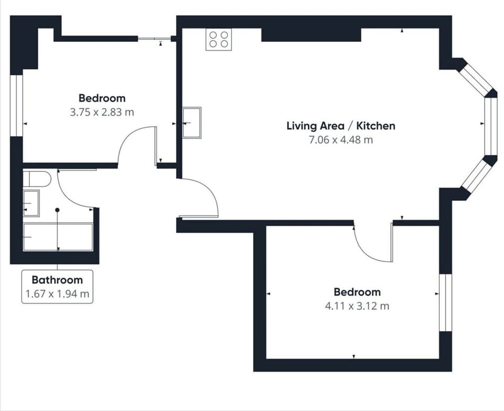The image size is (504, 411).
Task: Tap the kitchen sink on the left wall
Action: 192,122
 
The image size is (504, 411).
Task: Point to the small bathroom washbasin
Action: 31,203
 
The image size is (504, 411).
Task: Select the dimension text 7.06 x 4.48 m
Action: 341,140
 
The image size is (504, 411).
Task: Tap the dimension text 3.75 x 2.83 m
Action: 102,112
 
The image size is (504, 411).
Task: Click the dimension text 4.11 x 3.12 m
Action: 357,306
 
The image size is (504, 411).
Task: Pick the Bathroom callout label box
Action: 57,286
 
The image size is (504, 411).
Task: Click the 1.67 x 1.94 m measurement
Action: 57,294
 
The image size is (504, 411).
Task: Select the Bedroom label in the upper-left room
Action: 102,98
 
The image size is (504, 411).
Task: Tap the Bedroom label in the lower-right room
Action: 357,292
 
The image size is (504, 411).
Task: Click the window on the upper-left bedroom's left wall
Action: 17,105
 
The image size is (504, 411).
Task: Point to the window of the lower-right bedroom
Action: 445,302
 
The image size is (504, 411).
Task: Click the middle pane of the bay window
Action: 490,126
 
